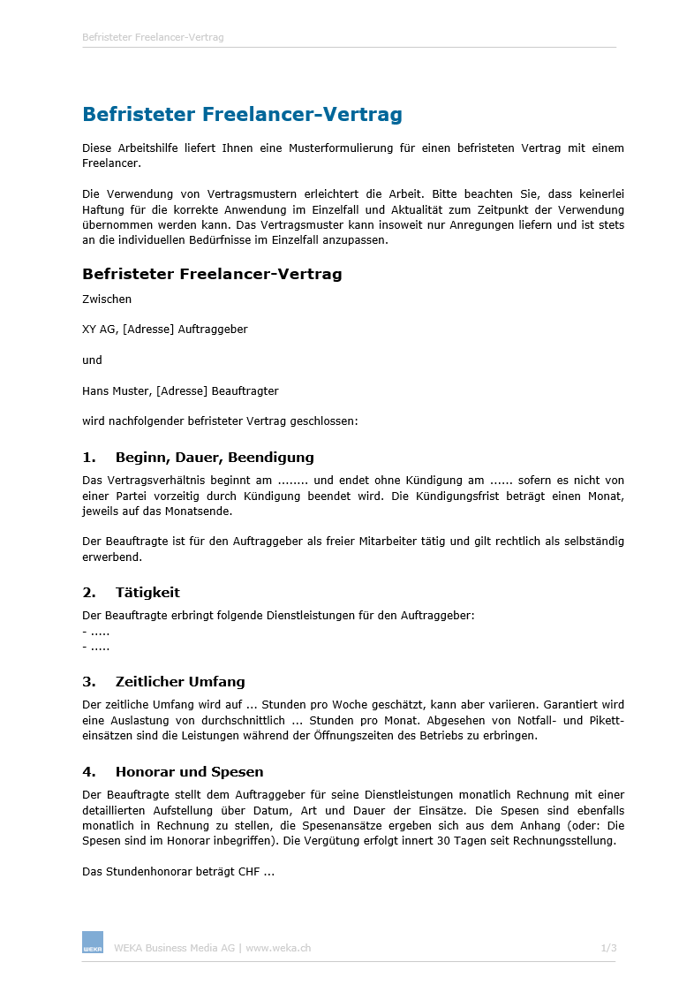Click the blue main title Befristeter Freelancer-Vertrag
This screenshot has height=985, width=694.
(x=242, y=115)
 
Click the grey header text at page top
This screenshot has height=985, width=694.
(x=153, y=38)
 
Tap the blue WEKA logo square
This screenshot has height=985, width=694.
(x=93, y=942)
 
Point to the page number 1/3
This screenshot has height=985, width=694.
(x=608, y=949)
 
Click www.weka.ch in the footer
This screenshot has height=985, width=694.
(x=278, y=949)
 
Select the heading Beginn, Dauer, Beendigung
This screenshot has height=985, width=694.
(x=215, y=458)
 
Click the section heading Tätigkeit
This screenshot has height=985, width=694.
(x=147, y=592)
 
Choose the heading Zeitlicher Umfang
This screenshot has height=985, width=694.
(x=180, y=682)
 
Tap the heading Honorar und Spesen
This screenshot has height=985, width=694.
(x=189, y=772)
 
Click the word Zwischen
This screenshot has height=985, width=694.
(x=107, y=299)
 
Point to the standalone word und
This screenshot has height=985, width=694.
(x=92, y=360)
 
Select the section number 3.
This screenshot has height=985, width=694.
(x=88, y=682)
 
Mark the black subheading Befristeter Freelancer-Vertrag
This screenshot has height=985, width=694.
(x=212, y=274)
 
